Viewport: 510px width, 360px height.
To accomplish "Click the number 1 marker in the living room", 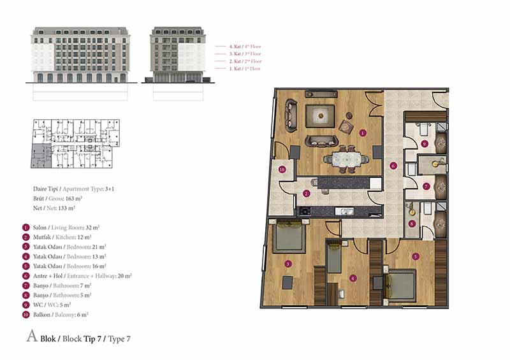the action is (x=363, y=133).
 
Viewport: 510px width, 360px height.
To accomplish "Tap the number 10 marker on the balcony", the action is (x=282, y=169).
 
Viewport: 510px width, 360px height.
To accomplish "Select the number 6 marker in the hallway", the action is (x=393, y=166).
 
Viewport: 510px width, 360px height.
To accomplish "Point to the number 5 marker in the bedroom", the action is (x=416, y=257).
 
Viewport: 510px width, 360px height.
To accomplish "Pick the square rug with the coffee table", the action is (x=321, y=116).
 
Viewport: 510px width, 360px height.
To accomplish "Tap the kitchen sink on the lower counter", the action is (x=344, y=212).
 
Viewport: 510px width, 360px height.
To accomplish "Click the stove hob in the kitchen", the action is (x=305, y=211).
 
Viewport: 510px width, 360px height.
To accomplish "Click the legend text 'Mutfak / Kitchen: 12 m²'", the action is (x=62, y=238).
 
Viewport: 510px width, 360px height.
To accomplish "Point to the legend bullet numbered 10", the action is (x=25, y=315).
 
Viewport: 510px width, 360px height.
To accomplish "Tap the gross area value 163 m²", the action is (x=74, y=198).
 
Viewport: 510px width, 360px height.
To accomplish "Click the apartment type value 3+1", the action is (x=110, y=189).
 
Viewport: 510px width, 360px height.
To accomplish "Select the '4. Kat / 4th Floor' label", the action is (x=245, y=47).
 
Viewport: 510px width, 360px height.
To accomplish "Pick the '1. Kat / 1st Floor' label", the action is (x=245, y=69).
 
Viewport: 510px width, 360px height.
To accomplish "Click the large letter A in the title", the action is (x=32, y=336).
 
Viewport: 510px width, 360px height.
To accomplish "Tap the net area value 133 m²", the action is (x=67, y=208).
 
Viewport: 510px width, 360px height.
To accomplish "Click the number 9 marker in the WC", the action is (x=424, y=143).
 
